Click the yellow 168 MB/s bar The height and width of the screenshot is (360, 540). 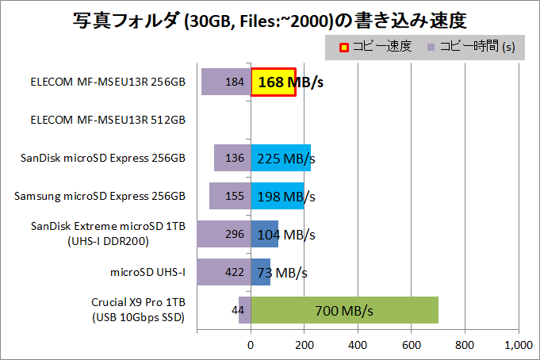(x=274, y=82)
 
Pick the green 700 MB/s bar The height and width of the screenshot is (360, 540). (x=344, y=309)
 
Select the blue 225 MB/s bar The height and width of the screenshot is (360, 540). (x=281, y=158)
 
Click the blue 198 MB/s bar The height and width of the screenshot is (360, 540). (x=278, y=196)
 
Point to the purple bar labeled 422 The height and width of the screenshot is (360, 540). (x=224, y=272)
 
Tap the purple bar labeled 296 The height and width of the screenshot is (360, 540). (x=224, y=234)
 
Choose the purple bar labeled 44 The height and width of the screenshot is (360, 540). (x=244, y=309)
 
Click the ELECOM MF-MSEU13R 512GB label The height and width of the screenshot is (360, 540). (x=108, y=120)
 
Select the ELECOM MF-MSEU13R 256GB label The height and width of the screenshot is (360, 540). (x=108, y=82)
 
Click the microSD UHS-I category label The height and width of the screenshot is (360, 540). (x=148, y=272)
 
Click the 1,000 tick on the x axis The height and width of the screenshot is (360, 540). (x=518, y=345)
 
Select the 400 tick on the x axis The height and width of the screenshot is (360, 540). (x=358, y=345)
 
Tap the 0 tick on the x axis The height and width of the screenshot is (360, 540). (x=251, y=345)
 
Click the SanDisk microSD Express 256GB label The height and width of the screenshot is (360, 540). (x=104, y=158)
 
